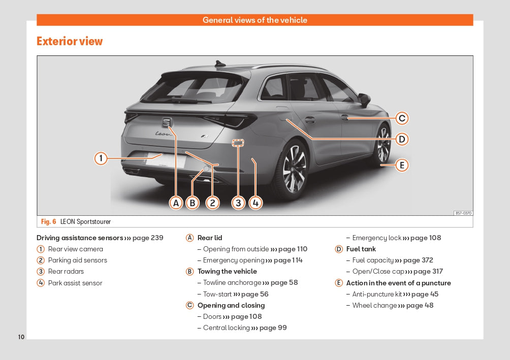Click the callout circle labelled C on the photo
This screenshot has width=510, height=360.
click(402, 118)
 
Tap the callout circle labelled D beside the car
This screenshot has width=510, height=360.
click(402, 139)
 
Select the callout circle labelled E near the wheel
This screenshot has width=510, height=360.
click(402, 165)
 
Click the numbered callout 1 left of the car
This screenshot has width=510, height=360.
click(101, 158)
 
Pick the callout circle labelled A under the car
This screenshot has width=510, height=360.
click(176, 203)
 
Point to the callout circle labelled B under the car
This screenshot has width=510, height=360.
click(192, 203)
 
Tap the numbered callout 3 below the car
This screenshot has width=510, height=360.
click(238, 203)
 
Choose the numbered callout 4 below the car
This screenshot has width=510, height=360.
click(256, 203)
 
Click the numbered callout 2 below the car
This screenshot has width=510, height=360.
click(212, 203)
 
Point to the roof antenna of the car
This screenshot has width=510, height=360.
click(220, 64)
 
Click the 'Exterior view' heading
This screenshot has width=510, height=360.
click(70, 41)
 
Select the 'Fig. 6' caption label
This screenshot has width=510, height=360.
click(48, 222)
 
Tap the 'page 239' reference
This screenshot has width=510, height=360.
click(148, 238)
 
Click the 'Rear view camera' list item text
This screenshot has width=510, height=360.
click(75, 249)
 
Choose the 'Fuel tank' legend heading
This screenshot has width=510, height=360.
click(361, 249)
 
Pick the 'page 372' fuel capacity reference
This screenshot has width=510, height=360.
click(418, 260)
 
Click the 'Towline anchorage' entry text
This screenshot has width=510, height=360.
click(232, 282)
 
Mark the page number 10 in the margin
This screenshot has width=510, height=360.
click(21, 337)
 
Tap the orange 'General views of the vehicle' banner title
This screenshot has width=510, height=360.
click(255, 20)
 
